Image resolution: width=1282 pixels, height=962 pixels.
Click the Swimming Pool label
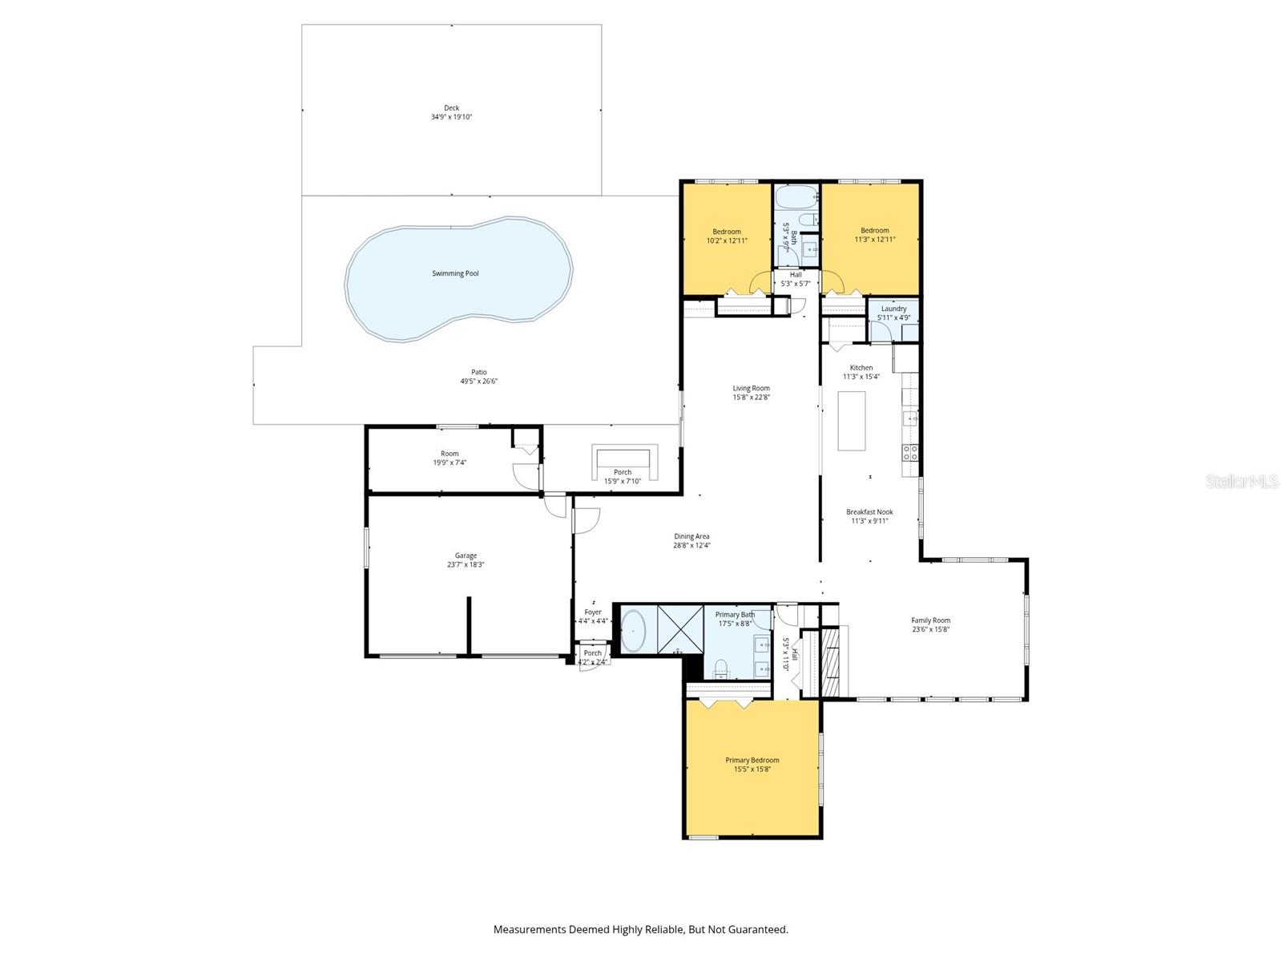455,273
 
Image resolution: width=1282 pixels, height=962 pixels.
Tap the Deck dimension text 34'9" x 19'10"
452,117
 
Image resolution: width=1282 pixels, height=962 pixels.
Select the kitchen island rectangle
851,421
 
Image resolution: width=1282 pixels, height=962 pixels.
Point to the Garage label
466,556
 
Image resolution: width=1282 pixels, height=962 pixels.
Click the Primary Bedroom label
752,760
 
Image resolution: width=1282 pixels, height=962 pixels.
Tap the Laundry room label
893,309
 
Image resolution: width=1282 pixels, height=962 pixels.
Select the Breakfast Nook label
869,511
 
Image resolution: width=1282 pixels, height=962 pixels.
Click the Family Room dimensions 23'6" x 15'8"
930,629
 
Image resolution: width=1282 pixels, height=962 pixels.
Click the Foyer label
592,612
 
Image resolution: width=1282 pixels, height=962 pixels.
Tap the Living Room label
751,388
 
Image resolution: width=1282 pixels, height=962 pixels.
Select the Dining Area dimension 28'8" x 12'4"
691,545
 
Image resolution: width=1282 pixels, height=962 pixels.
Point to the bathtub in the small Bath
795,197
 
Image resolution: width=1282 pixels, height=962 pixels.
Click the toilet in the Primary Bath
720,666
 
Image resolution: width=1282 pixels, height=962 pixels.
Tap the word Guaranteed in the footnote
756,930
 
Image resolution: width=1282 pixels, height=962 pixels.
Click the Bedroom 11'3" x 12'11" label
874,230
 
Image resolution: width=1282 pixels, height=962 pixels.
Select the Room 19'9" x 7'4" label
450,454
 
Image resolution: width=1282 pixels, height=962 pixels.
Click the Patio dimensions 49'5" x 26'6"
479,382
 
